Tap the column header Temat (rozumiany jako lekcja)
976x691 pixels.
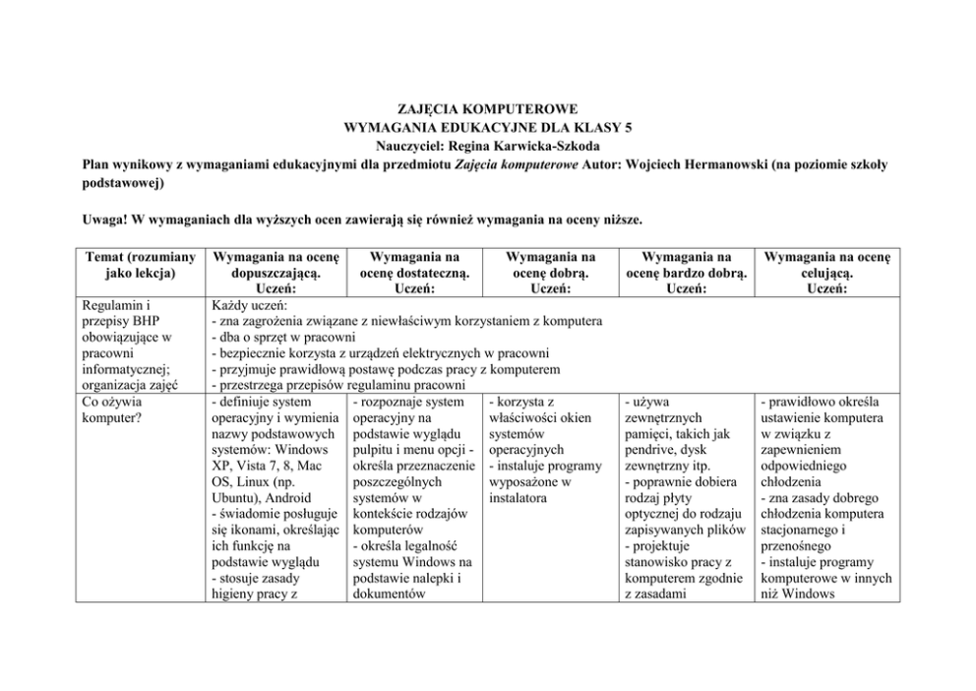[x=137, y=265]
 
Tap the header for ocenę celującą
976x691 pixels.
[x=826, y=265]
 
